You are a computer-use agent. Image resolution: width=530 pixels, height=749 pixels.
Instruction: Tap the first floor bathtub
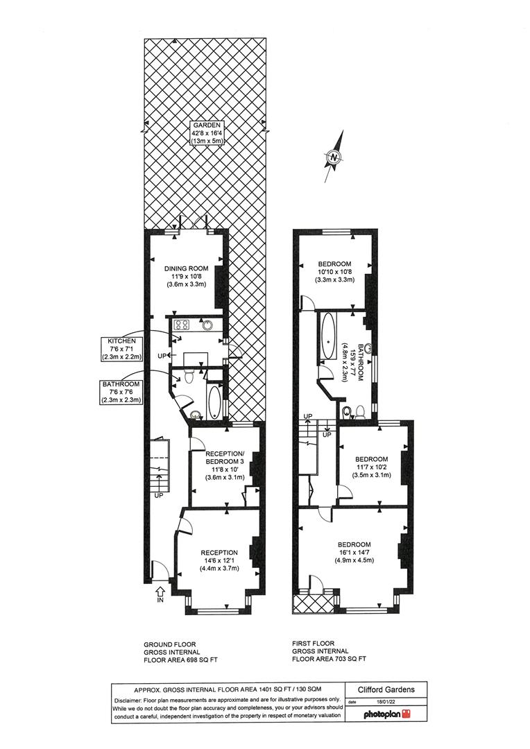[329, 337]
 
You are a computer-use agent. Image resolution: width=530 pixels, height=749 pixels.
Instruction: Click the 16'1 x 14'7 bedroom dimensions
[354, 552]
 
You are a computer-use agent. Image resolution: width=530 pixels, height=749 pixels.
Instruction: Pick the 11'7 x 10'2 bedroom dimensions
[373, 467]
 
